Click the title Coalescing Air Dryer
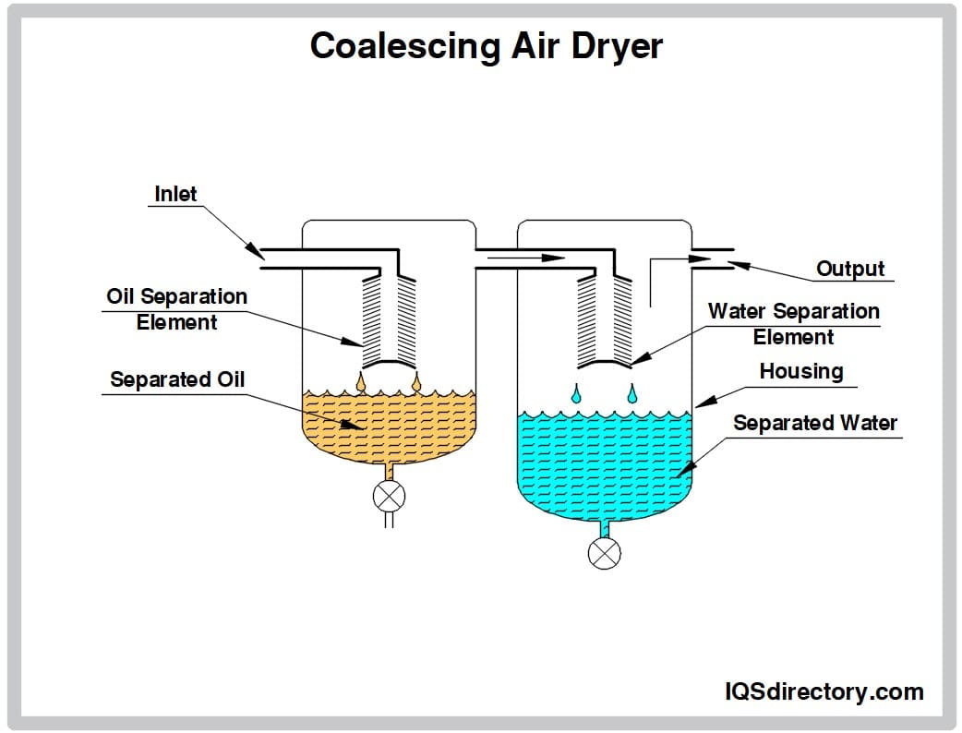pyautogui.click(x=486, y=45)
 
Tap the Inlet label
pyautogui.click(x=175, y=194)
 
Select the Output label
pyautogui.click(x=850, y=269)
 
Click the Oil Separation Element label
pyautogui.click(x=177, y=309)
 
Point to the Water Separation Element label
pyautogui.click(x=793, y=324)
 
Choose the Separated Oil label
pyautogui.click(x=177, y=379)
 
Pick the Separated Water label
pyautogui.click(x=815, y=423)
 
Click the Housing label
pyautogui.click(x=801, y=371)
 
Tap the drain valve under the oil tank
pyautogui.click(x=389, y=497)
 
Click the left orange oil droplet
pyautogui.click(x=361, y=379)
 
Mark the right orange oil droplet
pyautogui.click(x=416, y=379)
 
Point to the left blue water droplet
pyautogui.click(x=577, y=394)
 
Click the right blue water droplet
pyautogui.click(x=632, y=394)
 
